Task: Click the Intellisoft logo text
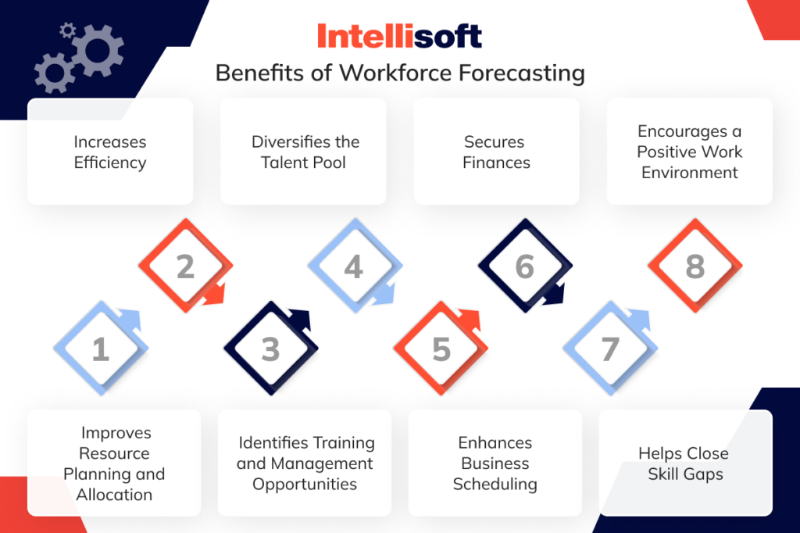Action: pos(399,36)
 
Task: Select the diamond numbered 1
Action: pos(100,349)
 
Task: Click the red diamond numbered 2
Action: pos(185,266)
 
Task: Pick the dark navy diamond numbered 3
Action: pos(270,349)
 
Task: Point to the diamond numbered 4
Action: pos(354,267)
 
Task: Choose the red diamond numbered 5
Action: pos(441,349)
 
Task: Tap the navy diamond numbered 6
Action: pos(524,266)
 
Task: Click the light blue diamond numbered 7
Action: pos(610,349)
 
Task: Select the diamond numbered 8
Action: pos(695,267)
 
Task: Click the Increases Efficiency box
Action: pos(110,152)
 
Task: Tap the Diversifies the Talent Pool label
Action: pos(305,152)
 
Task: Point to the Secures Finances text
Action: pos(496,152)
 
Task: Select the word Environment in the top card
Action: pos(690,172)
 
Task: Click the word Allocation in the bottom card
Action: pos(114,495)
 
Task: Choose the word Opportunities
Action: pos(305,484)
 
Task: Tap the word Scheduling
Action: pos(495,484)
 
